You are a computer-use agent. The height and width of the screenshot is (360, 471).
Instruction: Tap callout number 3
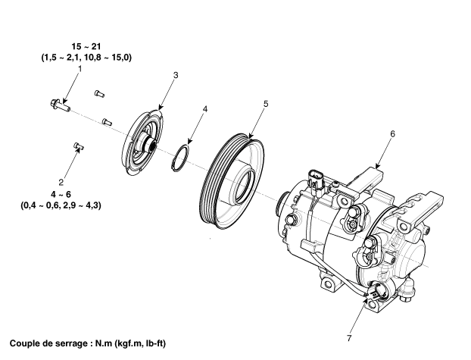pos(175,75)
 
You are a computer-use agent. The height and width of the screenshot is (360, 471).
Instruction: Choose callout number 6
pos(393,133)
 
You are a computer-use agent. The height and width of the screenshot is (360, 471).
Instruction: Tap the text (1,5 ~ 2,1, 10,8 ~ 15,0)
pos(86,58)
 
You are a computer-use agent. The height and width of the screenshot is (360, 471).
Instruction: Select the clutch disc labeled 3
pos(144,145)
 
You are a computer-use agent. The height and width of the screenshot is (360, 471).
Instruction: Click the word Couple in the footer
pos(27,342)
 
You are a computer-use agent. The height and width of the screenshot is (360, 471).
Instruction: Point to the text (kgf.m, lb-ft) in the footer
pos(169,342)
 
